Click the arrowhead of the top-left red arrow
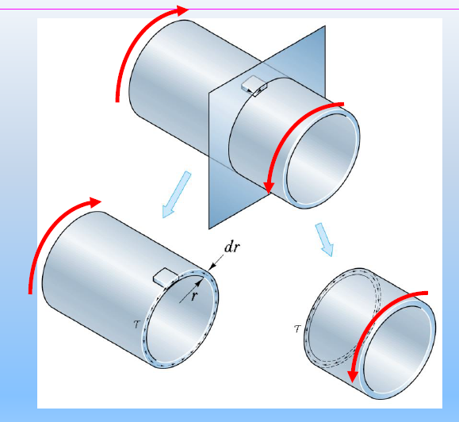pyautogui.click(x=184, y=10)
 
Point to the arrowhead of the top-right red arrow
pyautogui.click(x=269, y=188)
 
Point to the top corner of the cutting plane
pyautogui.click(x=325, y=26)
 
